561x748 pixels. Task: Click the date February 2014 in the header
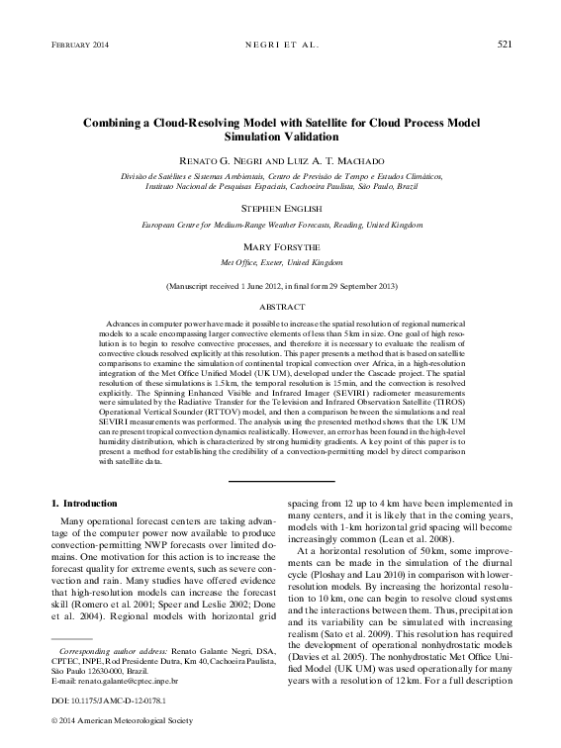coord(75,44)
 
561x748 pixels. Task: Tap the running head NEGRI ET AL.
coord(280,44)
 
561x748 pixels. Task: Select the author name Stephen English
coord(280,210)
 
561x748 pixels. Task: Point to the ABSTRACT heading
coord(280,308)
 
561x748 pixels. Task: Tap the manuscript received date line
coord(280,286)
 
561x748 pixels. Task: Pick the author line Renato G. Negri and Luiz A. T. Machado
coord(280,159)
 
